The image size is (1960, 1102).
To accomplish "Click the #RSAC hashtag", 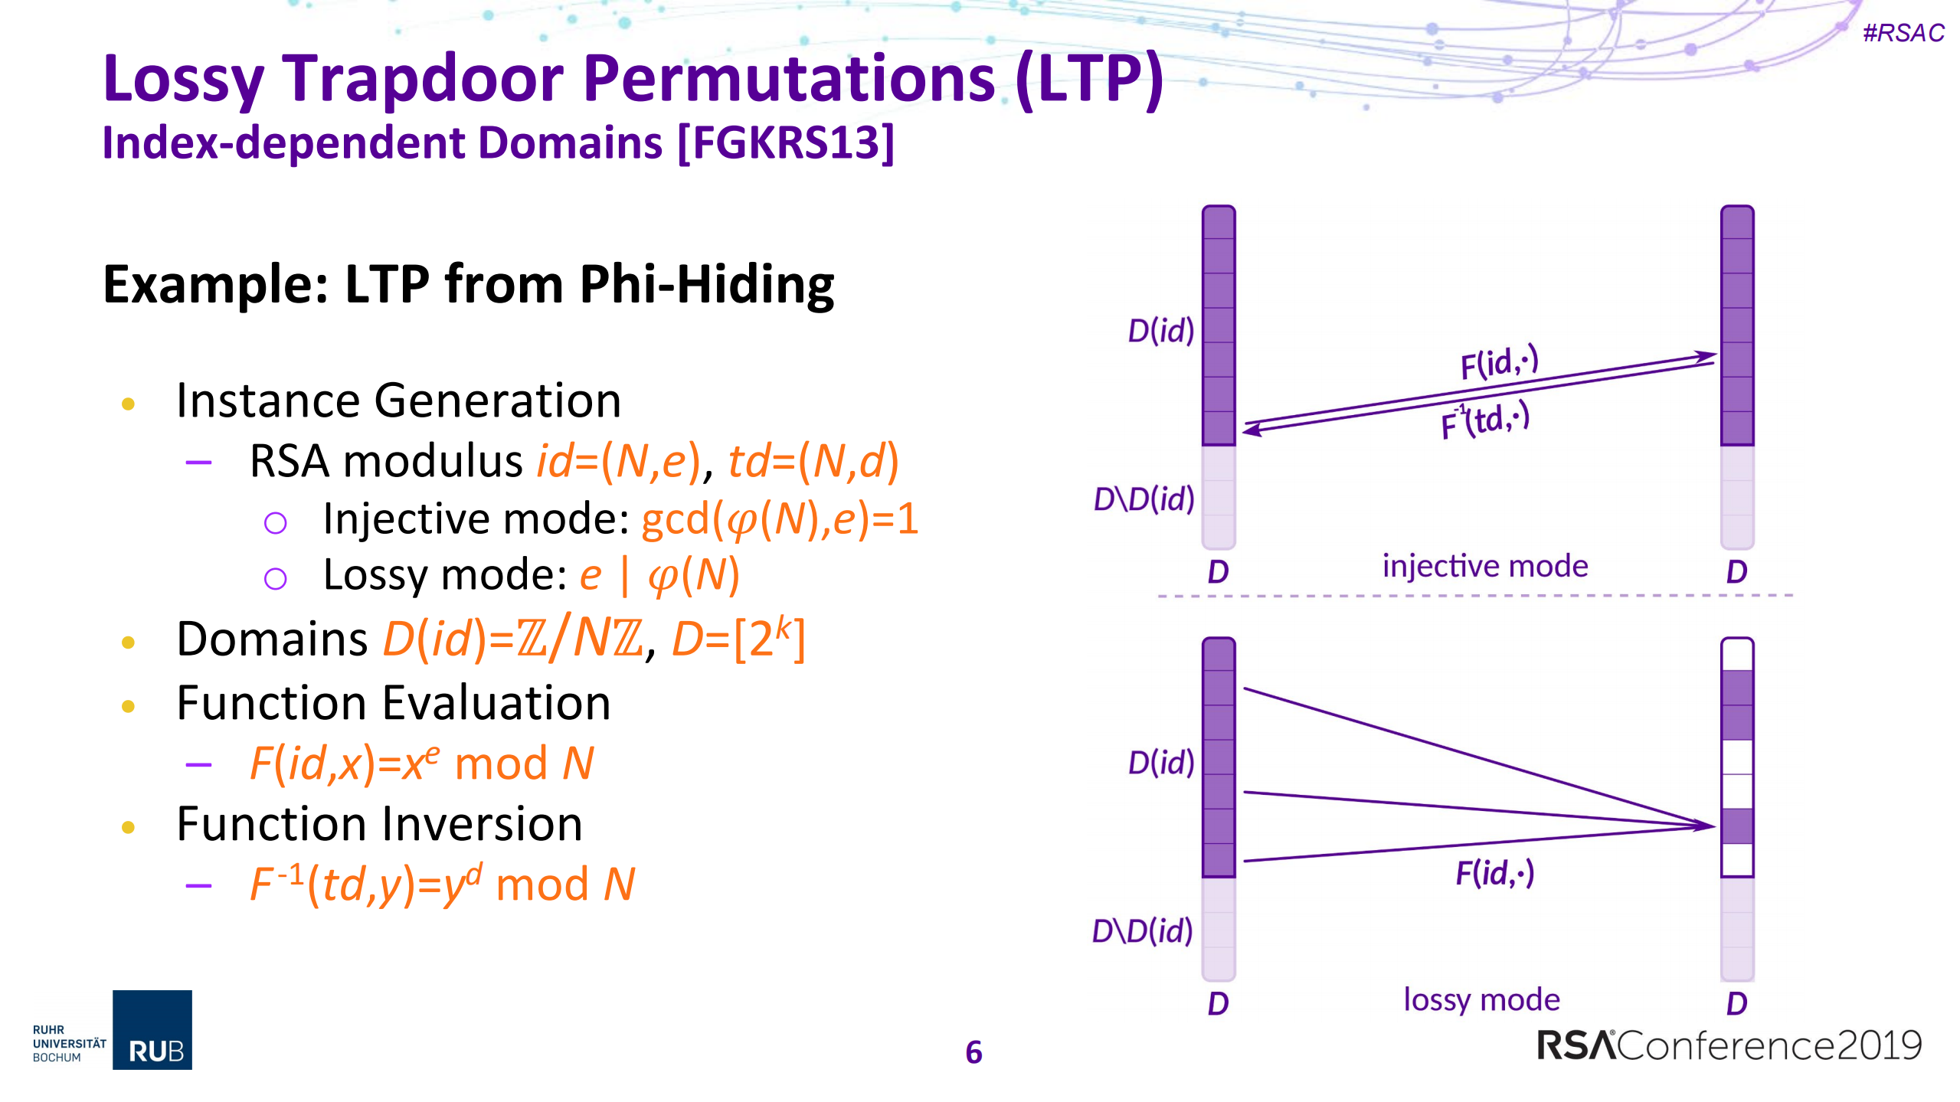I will (x=1903, y=33).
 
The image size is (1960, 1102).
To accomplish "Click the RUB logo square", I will (x=152, y=1029).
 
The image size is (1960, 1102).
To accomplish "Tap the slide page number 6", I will (x=973, y=1052).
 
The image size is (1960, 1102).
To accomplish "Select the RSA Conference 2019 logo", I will (x=1729, y=1045).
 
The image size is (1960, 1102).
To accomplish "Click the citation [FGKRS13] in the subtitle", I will (x=787, y=142).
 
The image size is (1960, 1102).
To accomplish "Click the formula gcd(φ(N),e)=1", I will (x=779, y=519).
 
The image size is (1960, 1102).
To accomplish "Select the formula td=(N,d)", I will (x=813, y=462).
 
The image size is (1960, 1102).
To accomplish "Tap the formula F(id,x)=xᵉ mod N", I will (x=422, y=764).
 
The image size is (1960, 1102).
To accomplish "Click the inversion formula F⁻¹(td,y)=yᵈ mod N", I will (x=443, y=885).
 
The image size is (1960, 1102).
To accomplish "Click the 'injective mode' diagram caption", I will (x=1484, y=567).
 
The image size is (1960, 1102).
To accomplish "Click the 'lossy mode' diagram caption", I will (x=1481, y=999).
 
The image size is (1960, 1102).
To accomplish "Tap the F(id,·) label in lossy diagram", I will (x=1494, y=873).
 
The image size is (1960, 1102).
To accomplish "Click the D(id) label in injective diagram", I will (x=1160, y=331).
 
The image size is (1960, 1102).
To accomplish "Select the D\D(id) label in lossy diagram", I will (x=1142, y=931).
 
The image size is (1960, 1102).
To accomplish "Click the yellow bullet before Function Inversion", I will (x=129, y=827).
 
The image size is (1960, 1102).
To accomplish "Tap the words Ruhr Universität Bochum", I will (x=69, y=1043).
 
